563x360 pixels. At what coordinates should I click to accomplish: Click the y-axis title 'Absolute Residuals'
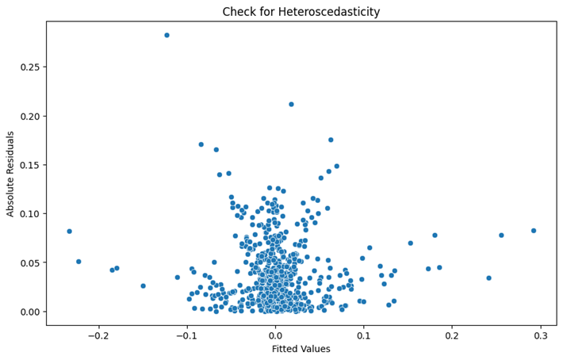[11, 173]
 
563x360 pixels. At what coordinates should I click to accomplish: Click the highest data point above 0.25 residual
[167, 35]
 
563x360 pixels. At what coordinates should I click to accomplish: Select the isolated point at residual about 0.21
[291, 104]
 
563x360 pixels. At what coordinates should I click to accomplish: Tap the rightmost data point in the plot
[534, 231]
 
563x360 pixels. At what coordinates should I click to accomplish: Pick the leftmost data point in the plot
[69, 232]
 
